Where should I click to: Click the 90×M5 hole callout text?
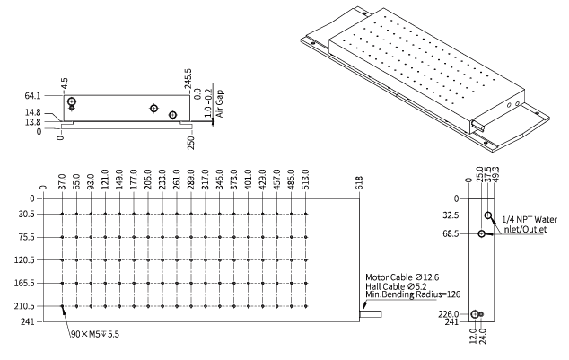[x=95, y=334]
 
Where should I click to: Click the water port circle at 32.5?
[x=489, y=215]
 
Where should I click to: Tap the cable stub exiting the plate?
[x=372, y=314]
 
